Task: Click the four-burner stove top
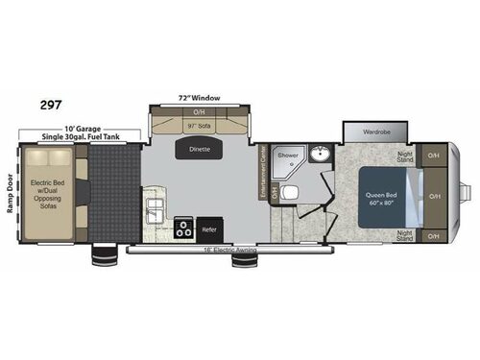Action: [181, 228]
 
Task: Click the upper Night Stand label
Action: [404, 156]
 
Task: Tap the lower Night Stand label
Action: [404, 234]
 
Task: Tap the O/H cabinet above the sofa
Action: [200, 112]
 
